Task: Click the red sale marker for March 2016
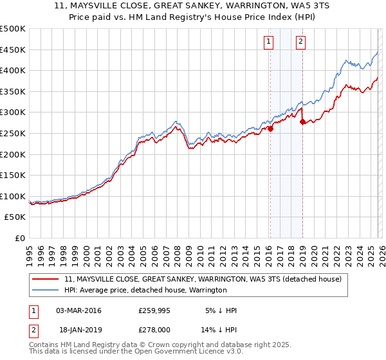pyautogui.click(x=270, y=129)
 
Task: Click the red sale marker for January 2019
pyautogui.click(x=302, y=122)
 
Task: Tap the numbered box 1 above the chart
pyautogui.click(x=268, y=42)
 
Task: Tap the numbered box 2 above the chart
pyautogui.click(x=300, y=42)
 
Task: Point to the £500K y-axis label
pyautogui.click(x=13, y=29)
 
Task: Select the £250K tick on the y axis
pyautogui.click(x=13, y=133)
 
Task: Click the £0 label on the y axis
pyautogui.click(x=20, y=238)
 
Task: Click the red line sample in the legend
pyautogui.click(x=46, y=280)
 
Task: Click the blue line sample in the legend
pyautogui.click(x=46, y=291)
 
